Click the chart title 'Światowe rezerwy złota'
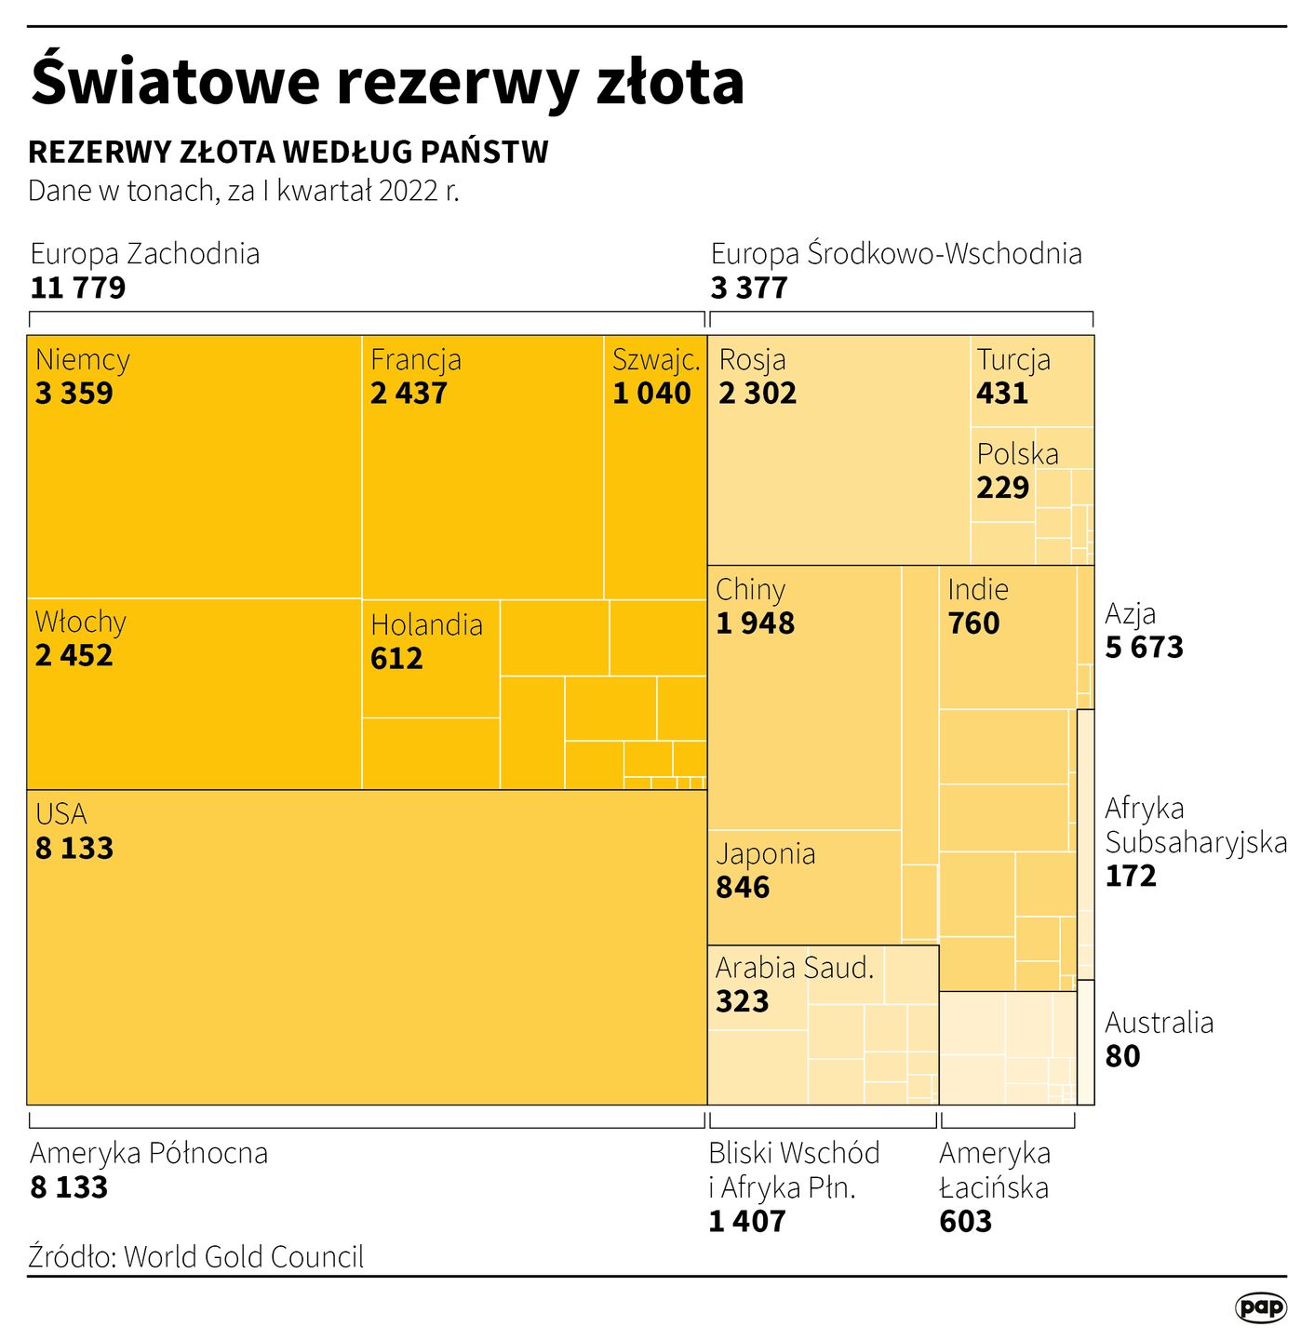pos(387,82)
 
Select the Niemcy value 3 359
pos(74,394)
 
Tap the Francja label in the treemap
pos(416,359)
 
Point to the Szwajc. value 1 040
pos(651,394)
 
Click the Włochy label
pos(81,622)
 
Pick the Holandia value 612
pos(396,659)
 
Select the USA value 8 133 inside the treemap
pos(74,849)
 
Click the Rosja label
pos(752,359)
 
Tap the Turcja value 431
pos(1002,394)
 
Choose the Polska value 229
pos(1003,488)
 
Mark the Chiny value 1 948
pos(755,623)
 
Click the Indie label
pos(978,589)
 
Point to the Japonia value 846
pos(743,888)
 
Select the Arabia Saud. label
pos(795,968)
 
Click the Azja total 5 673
pos(1144,648)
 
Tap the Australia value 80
pos(1122,1057)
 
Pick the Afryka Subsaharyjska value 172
pos(1131,877)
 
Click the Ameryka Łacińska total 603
pos(965,1222)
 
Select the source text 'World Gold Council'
pos(244,1257)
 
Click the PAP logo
pos(1261,1307)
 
